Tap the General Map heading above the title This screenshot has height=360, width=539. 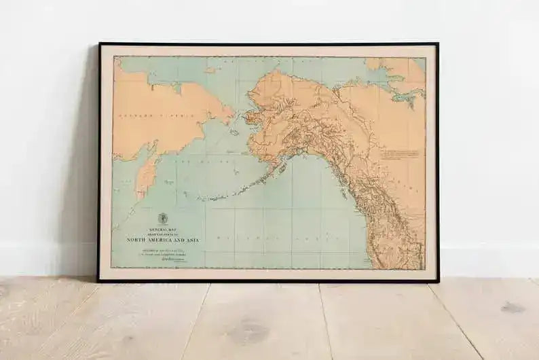coord(164,229)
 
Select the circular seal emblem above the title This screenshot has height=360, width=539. coord(163,219)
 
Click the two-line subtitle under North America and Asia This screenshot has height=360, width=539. coord(162,251)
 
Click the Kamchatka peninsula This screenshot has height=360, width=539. coord(145,174)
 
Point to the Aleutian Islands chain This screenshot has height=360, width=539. coord(224,194)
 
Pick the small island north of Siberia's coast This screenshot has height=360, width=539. coord(210,70)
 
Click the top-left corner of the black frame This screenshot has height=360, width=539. coord(100,44)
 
